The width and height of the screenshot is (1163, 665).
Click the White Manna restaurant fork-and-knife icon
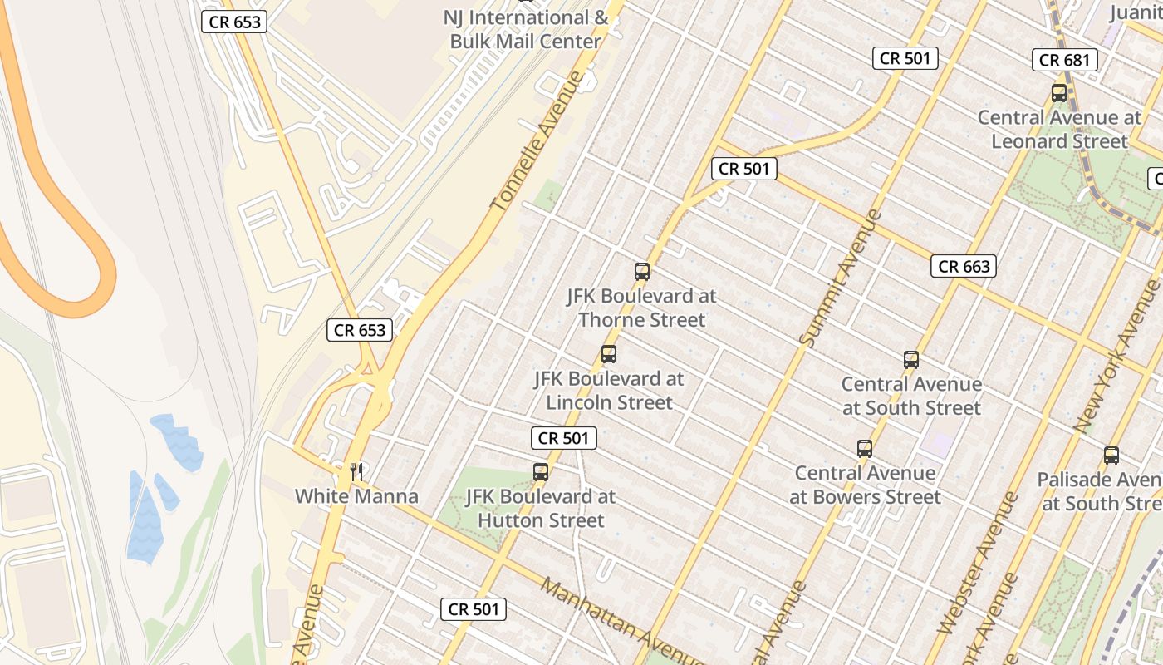coord(357,472)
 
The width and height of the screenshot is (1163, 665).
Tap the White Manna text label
coord(356,497)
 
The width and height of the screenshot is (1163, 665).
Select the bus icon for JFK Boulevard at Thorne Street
coord(642,271)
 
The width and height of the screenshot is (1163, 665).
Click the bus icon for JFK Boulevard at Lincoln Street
coord(609,354)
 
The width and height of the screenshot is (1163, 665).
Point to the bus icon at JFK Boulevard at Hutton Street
coord(541,472)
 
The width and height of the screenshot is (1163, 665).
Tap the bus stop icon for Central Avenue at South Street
coord(911,360)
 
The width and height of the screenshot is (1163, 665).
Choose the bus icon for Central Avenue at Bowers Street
coord(865,449)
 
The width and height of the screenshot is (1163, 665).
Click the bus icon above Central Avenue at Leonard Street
coord(1059,93)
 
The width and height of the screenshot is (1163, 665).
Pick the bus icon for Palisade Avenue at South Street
coord(1111,456)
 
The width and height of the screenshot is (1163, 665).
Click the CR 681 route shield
coord(1066,60)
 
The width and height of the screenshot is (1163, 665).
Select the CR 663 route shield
coord(964,266)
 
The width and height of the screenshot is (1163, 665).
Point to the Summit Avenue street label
coord(840,277)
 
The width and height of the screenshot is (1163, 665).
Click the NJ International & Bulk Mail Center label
coord(525,29)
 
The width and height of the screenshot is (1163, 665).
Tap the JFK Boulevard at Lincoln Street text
coord(609,391)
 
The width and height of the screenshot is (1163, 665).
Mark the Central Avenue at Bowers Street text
coord(865,485)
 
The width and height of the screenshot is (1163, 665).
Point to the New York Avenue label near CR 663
coord(1116,355)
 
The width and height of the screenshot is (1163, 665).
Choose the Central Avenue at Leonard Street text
coord(1059,129)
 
